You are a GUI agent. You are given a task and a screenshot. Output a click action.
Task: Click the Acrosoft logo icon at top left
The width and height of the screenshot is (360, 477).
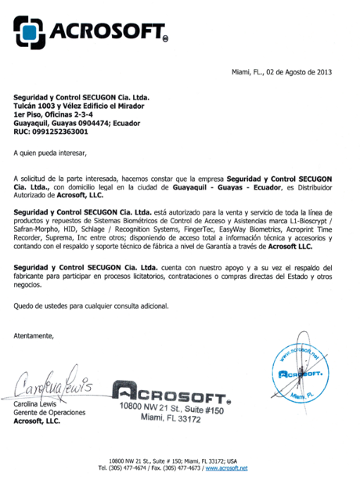coord(28,32)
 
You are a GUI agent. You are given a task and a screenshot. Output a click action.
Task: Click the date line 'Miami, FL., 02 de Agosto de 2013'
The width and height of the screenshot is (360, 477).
coord(281,73)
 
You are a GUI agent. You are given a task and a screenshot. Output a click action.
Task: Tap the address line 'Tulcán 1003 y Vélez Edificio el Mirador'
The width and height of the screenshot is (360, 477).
coord(79,106)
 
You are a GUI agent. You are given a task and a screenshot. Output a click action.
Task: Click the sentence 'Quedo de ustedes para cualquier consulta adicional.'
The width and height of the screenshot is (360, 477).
coord(91,305)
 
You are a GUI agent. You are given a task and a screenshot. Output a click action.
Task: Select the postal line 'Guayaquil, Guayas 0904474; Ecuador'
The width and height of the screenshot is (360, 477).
coord(74,123)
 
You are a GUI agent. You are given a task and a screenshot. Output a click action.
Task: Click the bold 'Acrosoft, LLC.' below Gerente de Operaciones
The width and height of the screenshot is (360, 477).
coord(37,421)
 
